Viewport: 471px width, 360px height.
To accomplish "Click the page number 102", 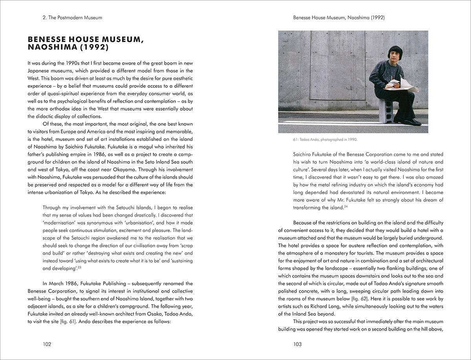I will tap(47, 344).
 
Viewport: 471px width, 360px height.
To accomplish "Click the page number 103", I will tap(298, 344).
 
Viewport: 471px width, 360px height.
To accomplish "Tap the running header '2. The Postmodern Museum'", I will tap(66, 17).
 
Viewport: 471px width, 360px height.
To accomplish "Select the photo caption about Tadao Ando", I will tap(318, 139).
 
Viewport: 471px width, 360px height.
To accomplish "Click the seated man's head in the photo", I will tap(395, 52).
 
